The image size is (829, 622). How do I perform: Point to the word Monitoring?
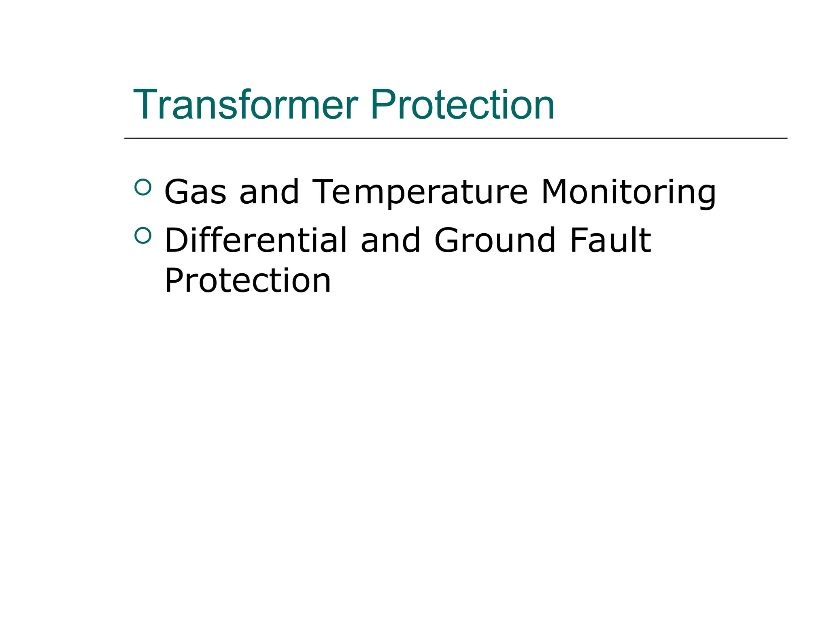[x=629, y=192]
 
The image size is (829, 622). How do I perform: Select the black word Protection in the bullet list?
[x=248, y=280]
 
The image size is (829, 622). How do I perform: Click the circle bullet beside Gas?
[x=142, y=187]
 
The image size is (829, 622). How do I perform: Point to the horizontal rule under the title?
[x=456, y=138]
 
